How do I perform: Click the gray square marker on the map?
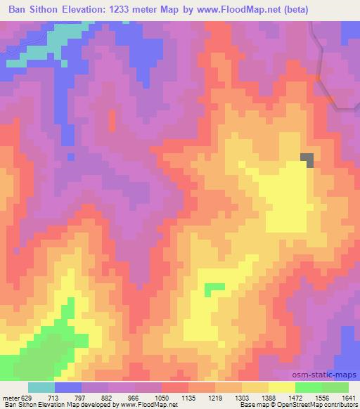[x=308, y=161]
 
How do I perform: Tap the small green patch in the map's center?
[x=214, y=287]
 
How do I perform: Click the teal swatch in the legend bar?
[x=41, y=387]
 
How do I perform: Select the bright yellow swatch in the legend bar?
[x=282, y=387]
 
